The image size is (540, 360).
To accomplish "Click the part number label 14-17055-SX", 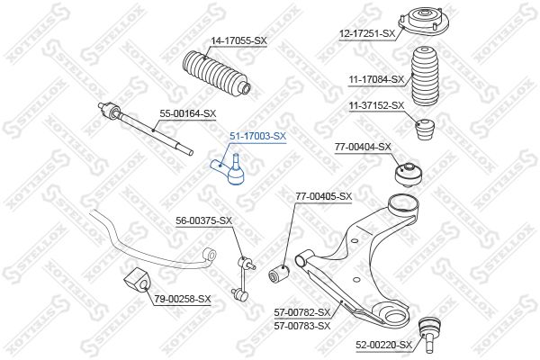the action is coord(239,40).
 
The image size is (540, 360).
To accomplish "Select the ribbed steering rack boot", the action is coord(217,74).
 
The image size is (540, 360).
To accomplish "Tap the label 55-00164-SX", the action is coord(188,113).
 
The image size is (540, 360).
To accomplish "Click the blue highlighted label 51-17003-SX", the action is coord(258,137).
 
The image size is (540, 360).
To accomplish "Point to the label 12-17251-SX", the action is coord(367,33).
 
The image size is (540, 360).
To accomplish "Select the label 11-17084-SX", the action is coord(376,79).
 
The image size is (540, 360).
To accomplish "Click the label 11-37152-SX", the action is coord(376,105).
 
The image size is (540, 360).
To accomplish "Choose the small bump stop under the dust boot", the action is coord(425,130).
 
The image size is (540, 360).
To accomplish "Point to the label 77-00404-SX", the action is coord(363,147).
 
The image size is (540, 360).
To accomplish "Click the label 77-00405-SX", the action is coord(324,196).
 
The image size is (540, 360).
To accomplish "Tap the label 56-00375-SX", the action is coord(204,220).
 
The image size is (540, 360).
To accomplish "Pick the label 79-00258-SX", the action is coord(182,299).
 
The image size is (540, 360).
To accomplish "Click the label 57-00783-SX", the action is coord(302,326).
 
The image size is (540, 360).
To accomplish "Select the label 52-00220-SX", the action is coord(383,345).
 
